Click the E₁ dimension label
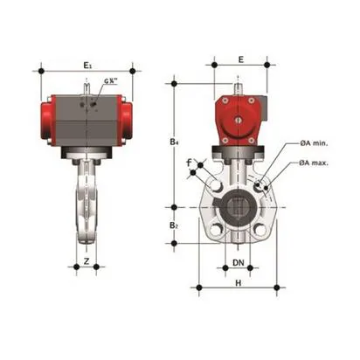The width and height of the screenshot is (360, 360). tap(86, 65)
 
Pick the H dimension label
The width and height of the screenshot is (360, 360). tap(239, 283)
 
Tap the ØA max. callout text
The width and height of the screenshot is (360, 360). tap(315, 163)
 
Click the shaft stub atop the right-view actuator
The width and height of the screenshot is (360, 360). tap(239, 88)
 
